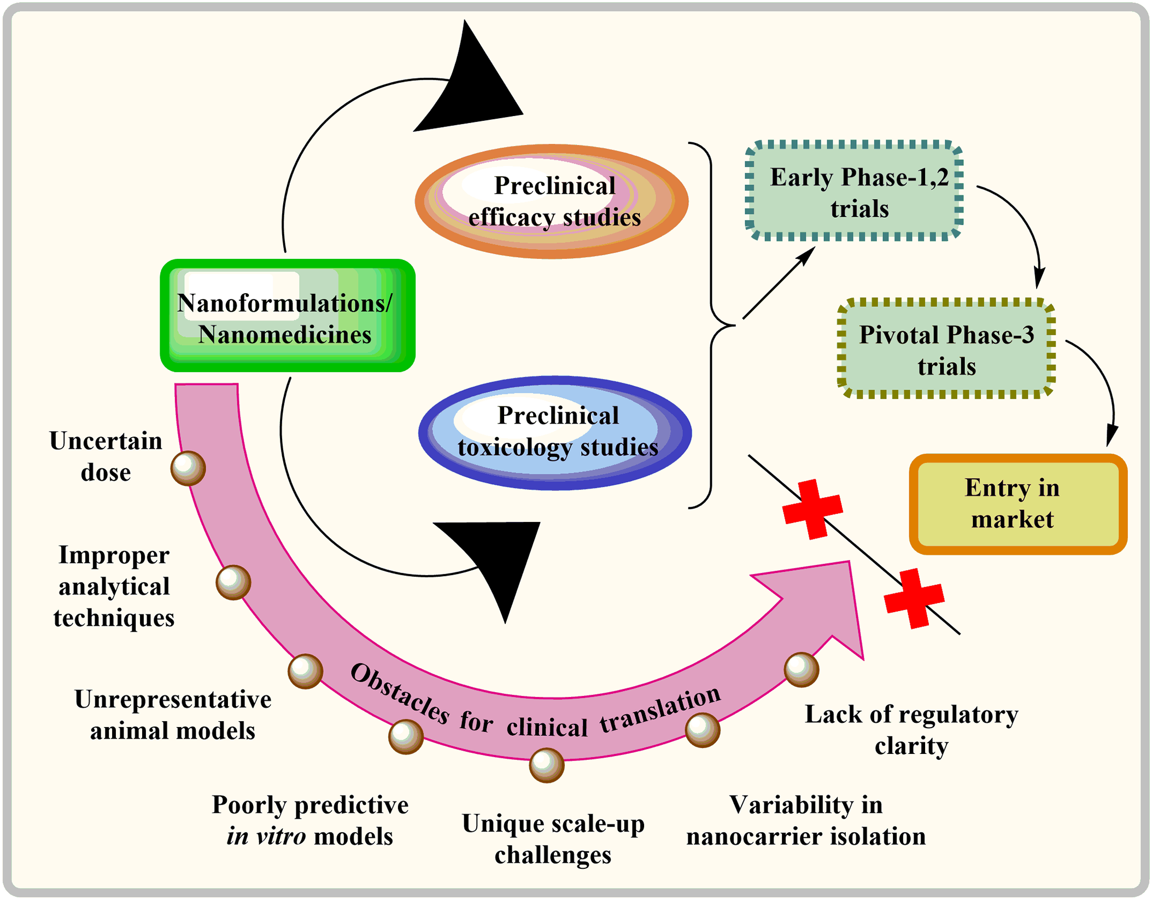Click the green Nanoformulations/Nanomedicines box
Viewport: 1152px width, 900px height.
(287, 316)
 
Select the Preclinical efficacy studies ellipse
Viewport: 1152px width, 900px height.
(551, 201)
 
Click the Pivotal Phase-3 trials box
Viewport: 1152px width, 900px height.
(945, 349)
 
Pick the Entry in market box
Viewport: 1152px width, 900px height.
(1017, 503)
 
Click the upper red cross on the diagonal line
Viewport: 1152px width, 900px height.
(812, 509)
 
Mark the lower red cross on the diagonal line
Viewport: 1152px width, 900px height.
(914, 598)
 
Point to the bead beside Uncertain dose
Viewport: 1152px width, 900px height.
(188, 468)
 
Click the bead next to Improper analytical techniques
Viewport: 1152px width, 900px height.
(233, 582)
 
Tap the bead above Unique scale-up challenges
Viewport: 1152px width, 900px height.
(546, 764)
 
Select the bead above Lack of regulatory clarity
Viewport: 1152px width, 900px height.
(801, 669)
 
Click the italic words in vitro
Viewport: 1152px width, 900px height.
(266, 837)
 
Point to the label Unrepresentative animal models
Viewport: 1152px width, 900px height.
(173, 715)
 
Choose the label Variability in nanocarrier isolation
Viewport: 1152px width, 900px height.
(806, 821)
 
